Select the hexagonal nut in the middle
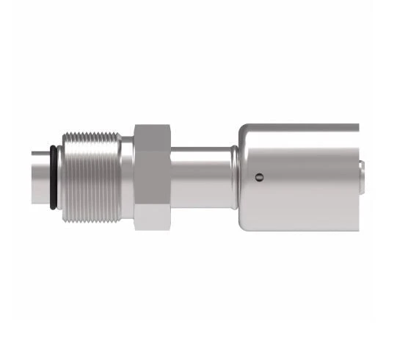pyautogui.click(x=152, y=176)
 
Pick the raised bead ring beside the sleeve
pyautogui.click(x=233, y=177)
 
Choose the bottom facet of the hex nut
pyautogui.click(x=152, y=217)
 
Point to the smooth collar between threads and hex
pyautogui.click(x=126, y=177)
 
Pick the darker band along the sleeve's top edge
pyautogui.click(x=301, y=128)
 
